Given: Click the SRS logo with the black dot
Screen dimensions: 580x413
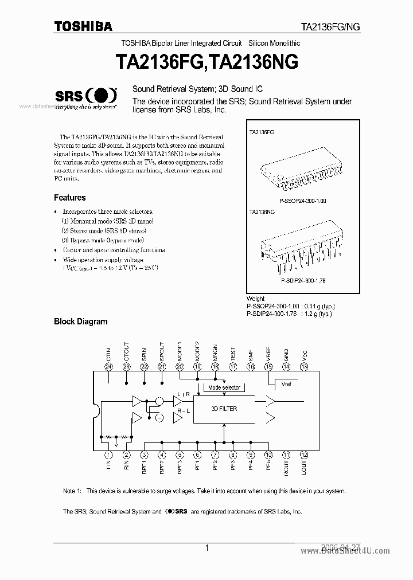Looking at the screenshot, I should (86, 96).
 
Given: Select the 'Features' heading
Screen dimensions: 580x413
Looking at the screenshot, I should (69, 198).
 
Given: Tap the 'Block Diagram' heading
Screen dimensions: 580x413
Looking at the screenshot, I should (80, 322).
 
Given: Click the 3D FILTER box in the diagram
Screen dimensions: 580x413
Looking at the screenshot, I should (224, 409).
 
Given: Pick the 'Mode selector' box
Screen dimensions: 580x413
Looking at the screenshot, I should (224, 388).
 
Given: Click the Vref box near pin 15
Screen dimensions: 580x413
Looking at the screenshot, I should (287, 384).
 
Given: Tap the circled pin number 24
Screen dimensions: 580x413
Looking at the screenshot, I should (108, 366).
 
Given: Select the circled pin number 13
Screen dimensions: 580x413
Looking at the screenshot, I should (304, 366).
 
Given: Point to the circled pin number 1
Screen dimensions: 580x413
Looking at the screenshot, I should (108, 454).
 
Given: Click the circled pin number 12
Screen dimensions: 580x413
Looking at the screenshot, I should (304, 454).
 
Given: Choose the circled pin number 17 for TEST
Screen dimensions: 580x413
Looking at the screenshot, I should (233, 366).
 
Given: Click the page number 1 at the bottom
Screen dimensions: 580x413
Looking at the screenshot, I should (206, 548).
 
